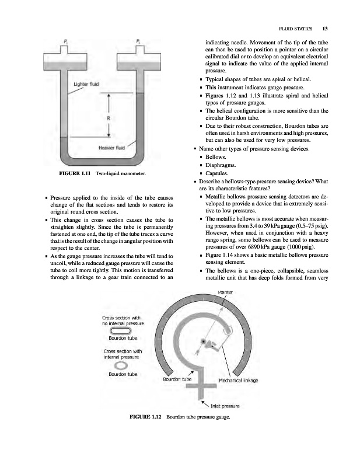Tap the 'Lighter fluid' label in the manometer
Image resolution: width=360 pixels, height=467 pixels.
(86, 84)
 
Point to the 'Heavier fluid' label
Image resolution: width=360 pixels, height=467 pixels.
(109, 147)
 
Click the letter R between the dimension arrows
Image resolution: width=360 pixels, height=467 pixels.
(109, 119)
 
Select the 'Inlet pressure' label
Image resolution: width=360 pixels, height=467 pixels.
(225, 406)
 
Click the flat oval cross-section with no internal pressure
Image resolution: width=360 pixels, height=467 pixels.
(120, 330)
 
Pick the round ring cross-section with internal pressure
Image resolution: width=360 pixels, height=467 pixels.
(120, 365)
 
